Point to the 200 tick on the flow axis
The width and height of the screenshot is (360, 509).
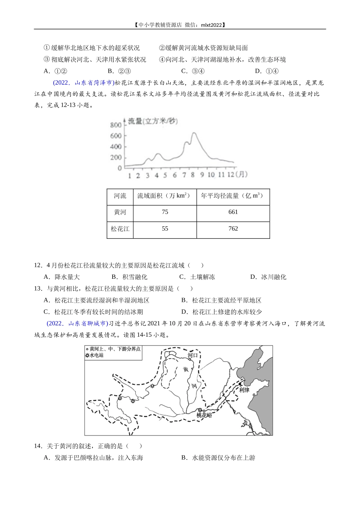coord(116,158)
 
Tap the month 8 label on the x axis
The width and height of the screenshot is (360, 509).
coord(193,175)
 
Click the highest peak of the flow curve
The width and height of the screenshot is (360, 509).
coord(194,133)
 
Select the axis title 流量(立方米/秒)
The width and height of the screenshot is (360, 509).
coord(152,121)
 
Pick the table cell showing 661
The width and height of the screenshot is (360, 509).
coord(233,212)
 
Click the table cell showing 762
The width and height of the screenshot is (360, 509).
coord(233,228)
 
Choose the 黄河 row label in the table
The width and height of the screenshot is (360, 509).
coord(120,212)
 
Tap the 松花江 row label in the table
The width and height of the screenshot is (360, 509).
coord(120,229)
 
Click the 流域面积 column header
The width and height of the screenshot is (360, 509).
coord(164,196)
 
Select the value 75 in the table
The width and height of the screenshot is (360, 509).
coord(165,212)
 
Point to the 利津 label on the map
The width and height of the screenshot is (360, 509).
coord(244,390)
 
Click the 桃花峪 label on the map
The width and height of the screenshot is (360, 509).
coord(204,415)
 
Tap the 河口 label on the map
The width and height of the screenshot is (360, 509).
coord(193,355)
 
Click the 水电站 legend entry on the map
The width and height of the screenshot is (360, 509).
coord(95,355)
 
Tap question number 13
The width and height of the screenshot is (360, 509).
coord(38,289)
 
